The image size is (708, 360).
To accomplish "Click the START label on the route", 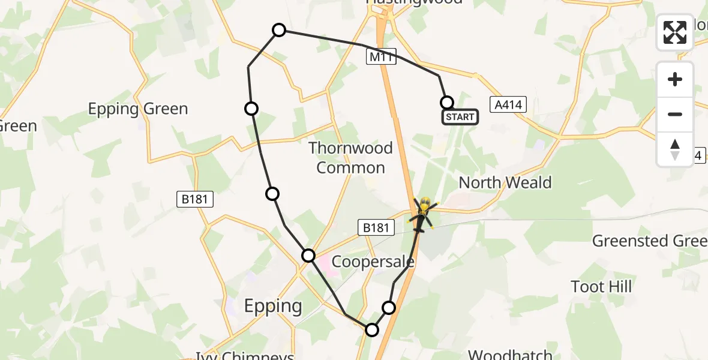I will tap(460, 117).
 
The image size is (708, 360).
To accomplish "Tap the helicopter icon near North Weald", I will tap(424, 214).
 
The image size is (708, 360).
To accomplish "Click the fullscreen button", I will tap(675, 32).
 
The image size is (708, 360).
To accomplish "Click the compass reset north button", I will tap(675, 149).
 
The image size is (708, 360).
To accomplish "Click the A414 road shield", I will tap(508, 105).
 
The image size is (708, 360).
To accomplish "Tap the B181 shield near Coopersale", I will tap(377, 227).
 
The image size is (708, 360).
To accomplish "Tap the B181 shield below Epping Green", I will tap(196, 199).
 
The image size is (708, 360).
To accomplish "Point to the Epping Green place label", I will tap(138, 109).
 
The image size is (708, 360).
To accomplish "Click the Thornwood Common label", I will tap(350, 157).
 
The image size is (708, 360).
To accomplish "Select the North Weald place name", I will tap(505, 182).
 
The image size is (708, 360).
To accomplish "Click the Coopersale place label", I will tap(373, 262).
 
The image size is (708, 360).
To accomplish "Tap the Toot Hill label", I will tap(601, 286).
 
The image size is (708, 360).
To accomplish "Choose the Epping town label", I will tap(273, 306).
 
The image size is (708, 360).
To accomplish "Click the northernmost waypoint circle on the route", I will tap(279, 30).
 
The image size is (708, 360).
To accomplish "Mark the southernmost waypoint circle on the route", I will tap(372, 329).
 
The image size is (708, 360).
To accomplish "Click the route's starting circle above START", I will tap(446, 102).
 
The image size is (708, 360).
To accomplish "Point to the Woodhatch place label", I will tap(509, 355).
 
